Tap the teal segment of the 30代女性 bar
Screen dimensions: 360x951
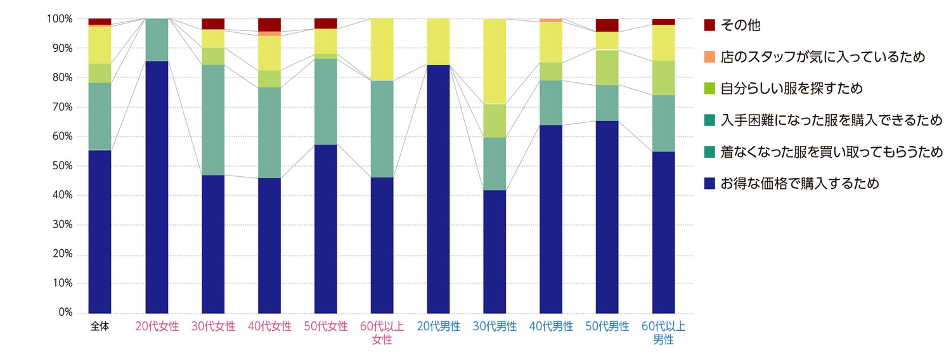pyautogui.click(x=213, y=120)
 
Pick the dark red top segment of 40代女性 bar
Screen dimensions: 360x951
pyautogui.click(x=269, y=25)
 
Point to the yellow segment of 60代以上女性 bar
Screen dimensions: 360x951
pyautogui.click(x=382, y=49)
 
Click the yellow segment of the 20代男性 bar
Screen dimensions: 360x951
pyautogui.click(x=439, y=42)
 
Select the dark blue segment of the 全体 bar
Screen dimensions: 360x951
pyautogui.click(x=100, y=231)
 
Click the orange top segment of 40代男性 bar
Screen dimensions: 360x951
pyautogui.click(x=551, y=20)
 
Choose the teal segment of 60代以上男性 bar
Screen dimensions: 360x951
pyautogui.click(x=664, y=123)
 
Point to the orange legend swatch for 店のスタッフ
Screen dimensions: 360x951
pyautogui.click(x=710, y=57)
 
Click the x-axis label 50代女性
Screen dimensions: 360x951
pyautogui.click(x=326, y=327)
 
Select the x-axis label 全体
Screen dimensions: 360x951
pyautogui.click(x=100, y=327)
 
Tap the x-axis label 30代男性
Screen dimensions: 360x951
pyautogui.click(x=495, y=327)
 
